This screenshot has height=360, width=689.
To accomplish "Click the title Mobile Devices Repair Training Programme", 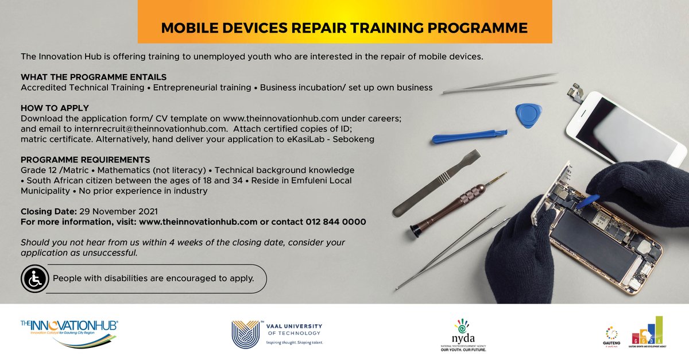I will click(x=344, y=27).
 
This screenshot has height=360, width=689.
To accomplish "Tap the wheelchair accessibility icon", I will click(x=34, y=279).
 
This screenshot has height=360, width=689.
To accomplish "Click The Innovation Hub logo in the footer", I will click(x=69, y=332).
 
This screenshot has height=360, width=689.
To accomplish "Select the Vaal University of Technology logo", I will click(x=277, y=334).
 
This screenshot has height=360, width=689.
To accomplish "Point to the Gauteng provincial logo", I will click(x=612, y=336).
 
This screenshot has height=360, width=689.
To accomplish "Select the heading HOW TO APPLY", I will click(x=55, y=107).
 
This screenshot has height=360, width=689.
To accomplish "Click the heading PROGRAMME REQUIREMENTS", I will click(x=86, y=160).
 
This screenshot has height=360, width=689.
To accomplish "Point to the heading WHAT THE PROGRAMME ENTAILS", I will click(x=94, y=77).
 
